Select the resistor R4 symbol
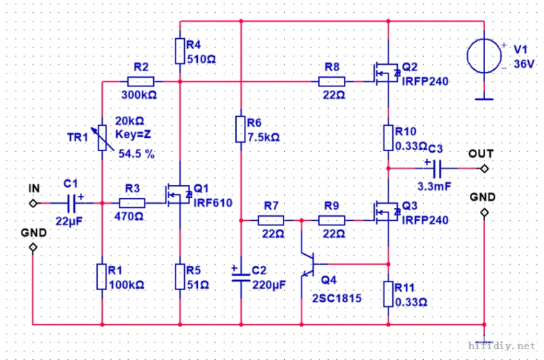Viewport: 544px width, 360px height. coord(180,51)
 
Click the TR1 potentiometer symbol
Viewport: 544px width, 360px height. coord(102,138)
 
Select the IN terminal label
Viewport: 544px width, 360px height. coord(33,189)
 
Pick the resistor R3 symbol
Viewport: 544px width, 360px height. coord(132,203)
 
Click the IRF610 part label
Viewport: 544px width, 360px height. coord(214,203)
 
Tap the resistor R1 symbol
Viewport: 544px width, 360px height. coord(102,276)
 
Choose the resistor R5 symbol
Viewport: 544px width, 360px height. coord(180,276)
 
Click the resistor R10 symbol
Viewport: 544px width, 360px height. coord(389,137)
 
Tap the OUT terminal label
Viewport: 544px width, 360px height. coord(481,153)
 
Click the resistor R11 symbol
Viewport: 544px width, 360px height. coord(389,294)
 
